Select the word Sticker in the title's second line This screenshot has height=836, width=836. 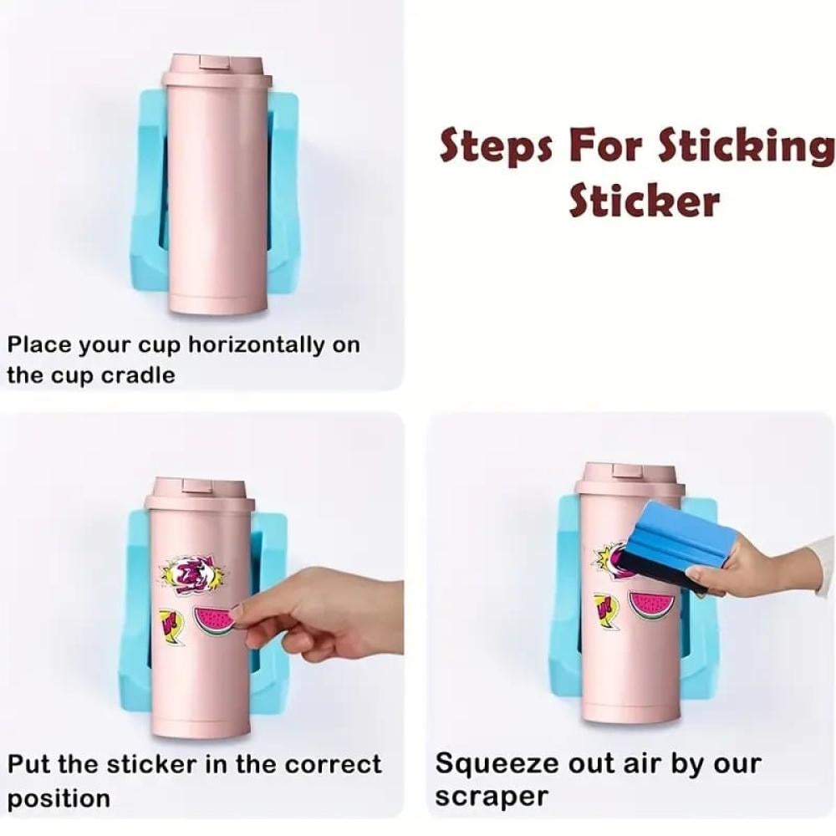645,200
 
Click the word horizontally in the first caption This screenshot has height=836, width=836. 257,344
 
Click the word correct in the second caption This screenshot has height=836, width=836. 333,764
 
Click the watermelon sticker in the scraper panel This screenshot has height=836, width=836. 652,605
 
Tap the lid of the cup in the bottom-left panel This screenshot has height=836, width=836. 201,495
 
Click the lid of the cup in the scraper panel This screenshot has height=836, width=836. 630,480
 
